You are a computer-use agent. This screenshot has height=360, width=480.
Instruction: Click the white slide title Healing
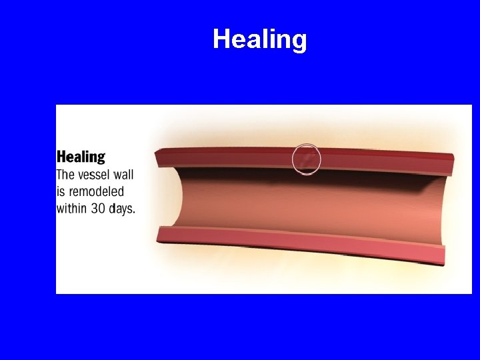[x=260, y=39]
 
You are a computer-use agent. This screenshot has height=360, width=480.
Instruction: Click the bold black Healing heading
[x=81, y=157]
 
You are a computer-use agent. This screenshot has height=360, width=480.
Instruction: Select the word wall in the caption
[x=123, y=175]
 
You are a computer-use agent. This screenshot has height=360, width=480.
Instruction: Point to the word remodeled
[x=96, y=192]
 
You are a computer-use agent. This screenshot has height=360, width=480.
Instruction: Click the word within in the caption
[x=71, y=209]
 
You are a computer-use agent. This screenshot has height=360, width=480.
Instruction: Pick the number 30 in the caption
[x=98, y=209]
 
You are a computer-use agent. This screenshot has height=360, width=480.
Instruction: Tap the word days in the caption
[x=121, y=209]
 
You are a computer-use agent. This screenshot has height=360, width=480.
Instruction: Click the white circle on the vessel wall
[x=307, y=159]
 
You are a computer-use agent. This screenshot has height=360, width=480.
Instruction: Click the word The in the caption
[x=66, y=175]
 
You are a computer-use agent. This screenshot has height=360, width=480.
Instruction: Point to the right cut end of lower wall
[x=442, y=255]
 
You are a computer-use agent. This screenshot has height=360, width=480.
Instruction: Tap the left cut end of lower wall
[x=160, y=235]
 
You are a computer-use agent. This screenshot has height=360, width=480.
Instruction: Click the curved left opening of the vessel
[x=178, y=197]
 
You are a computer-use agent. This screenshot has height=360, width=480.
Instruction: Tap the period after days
[x=134, y=213]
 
